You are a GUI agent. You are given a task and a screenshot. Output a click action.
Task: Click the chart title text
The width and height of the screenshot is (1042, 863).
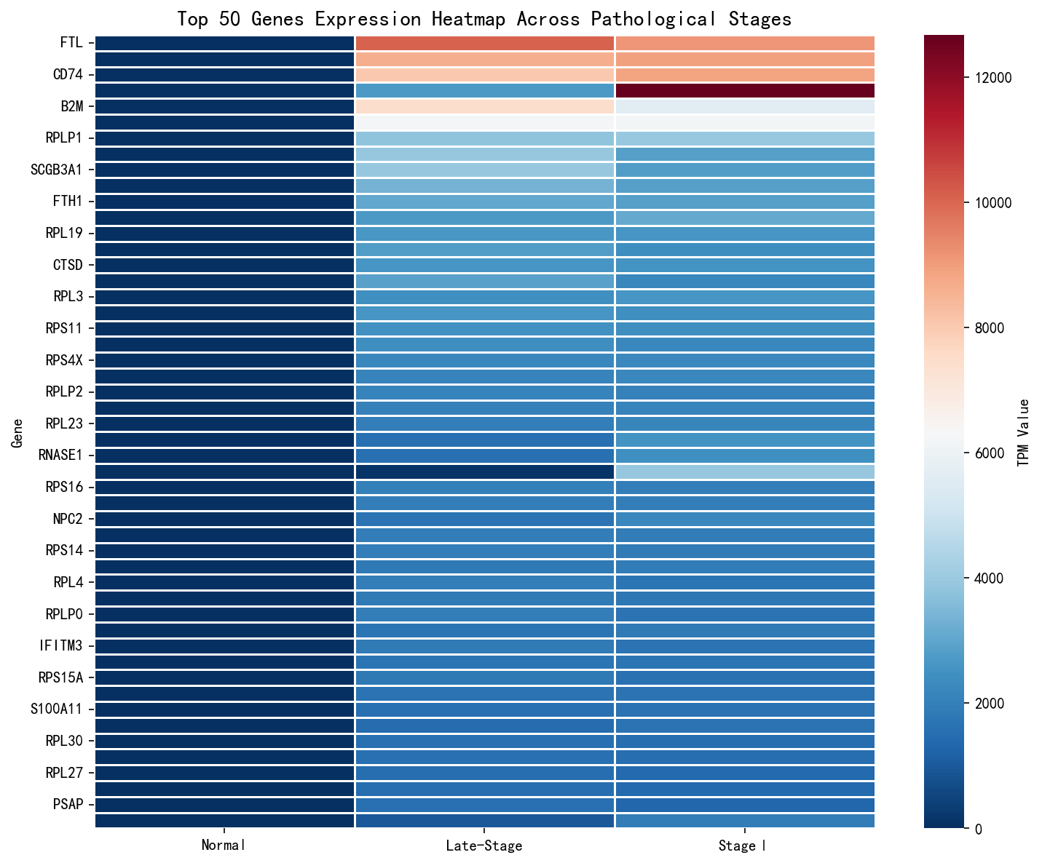[x=484, y=19]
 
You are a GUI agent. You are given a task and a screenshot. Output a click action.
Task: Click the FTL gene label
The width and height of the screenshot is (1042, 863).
[x=71, y=43]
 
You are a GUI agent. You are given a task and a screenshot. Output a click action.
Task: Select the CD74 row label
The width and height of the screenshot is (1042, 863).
[x=68, y=75]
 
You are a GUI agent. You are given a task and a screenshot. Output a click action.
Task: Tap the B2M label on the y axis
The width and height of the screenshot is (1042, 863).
[x=71, y=106]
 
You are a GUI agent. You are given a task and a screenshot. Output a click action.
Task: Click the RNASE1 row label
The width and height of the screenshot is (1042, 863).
[x=60, y=456]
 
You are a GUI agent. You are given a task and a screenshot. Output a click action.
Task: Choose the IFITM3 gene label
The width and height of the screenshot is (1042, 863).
[x=60, y=645]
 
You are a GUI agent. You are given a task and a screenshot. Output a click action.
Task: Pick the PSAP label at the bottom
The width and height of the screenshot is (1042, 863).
[x=68, y=804]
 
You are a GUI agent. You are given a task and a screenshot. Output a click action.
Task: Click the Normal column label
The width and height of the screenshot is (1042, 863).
[x=224, y=846]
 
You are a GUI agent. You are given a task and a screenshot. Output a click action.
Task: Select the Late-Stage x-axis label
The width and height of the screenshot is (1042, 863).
[x=484, y=846]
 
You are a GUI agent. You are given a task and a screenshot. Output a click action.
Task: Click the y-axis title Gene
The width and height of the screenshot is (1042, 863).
[x=16, y=432]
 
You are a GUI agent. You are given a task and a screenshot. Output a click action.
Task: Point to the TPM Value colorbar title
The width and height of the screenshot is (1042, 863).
[x=1023, y=432]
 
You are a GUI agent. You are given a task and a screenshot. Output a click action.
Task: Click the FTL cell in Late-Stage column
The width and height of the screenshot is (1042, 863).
[x=484, y=43]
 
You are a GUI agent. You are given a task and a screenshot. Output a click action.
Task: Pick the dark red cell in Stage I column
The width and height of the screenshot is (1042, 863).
[x=745, y=90]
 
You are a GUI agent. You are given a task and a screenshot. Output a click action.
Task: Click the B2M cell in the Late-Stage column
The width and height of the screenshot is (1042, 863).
[x=484, y=106]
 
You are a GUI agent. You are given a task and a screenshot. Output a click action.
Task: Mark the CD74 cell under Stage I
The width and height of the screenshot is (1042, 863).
[x=745, y=75]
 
